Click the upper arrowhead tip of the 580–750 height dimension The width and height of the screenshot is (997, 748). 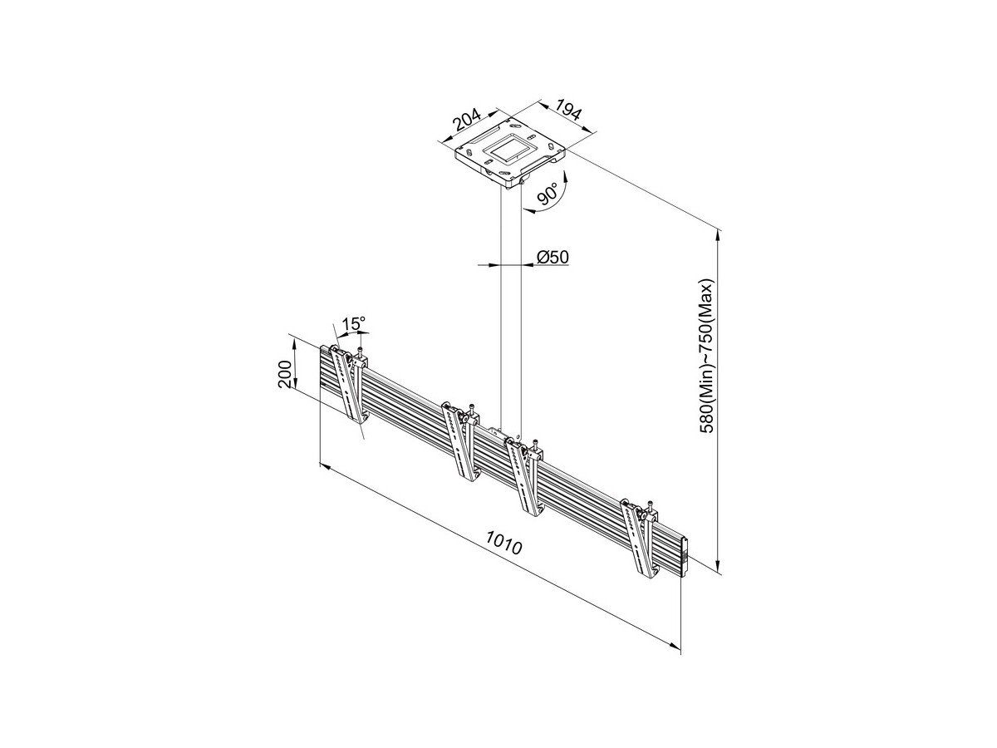click(718, 230)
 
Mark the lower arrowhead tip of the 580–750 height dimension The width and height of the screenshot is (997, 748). click(718, 573)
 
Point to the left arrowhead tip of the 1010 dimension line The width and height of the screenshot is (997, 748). click(320, 463)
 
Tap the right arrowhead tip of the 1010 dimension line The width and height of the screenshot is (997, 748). click(680, 648)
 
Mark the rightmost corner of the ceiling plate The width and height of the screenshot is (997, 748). click(565, 150)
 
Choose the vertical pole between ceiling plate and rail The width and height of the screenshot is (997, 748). click(511, 308)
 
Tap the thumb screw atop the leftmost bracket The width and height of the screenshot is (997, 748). click(361, 352)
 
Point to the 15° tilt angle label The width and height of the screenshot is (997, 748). click(354, 324)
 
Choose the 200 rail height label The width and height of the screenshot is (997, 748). click(284, 373)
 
